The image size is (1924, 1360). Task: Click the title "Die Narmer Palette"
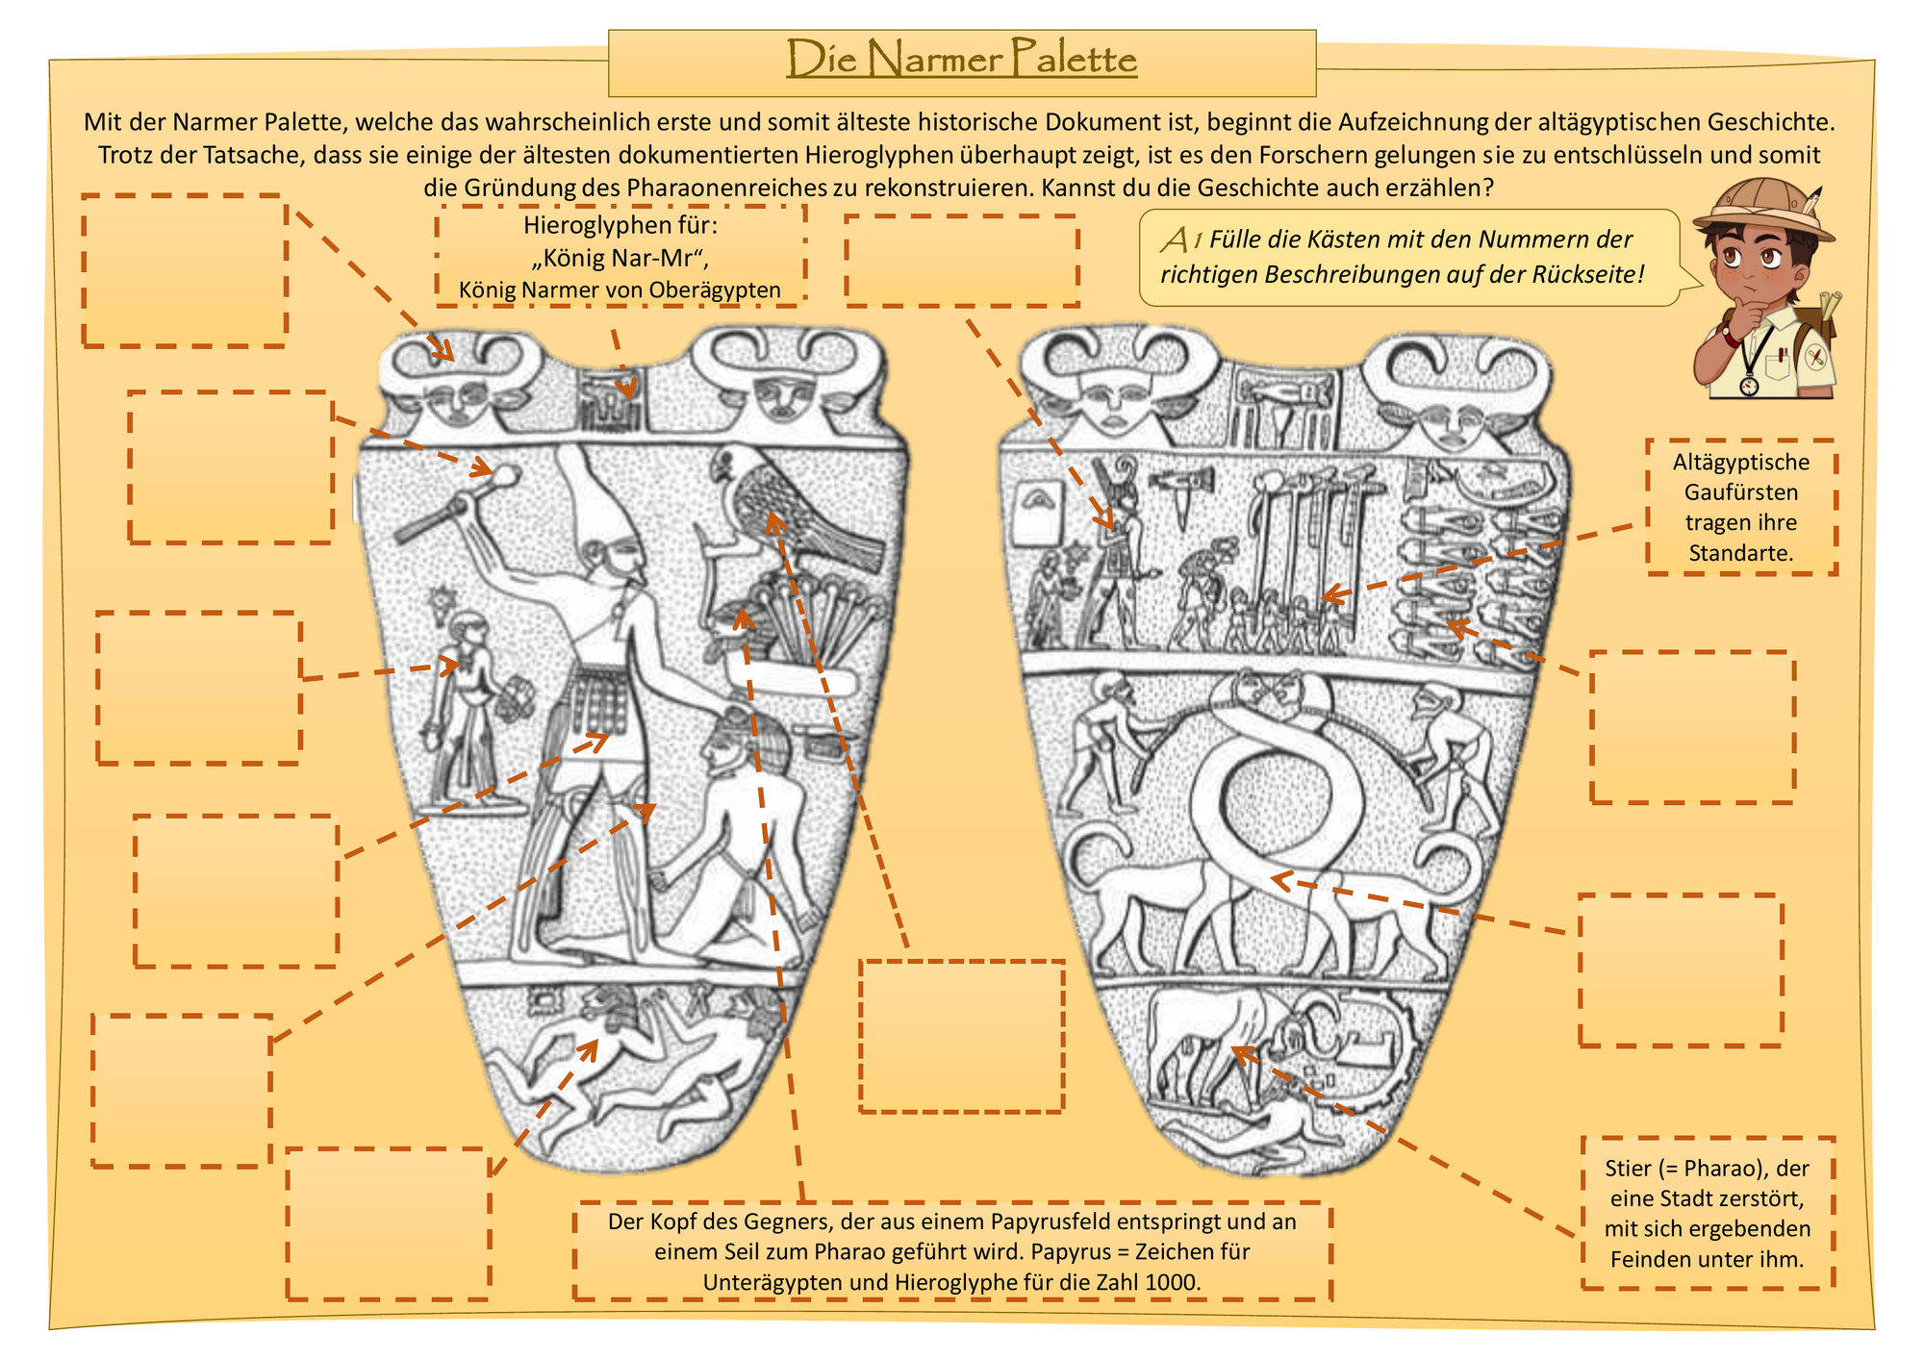(962, 60)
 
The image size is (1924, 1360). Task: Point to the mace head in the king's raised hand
(506, 474)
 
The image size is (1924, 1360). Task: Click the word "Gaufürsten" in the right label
(1741, 492)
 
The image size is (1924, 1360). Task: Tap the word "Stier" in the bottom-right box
(1629, 1169)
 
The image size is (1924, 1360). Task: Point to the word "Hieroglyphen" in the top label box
(589, 225)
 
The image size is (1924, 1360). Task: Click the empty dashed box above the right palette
(962, 261)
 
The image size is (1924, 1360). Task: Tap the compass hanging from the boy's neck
(1748, 385)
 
